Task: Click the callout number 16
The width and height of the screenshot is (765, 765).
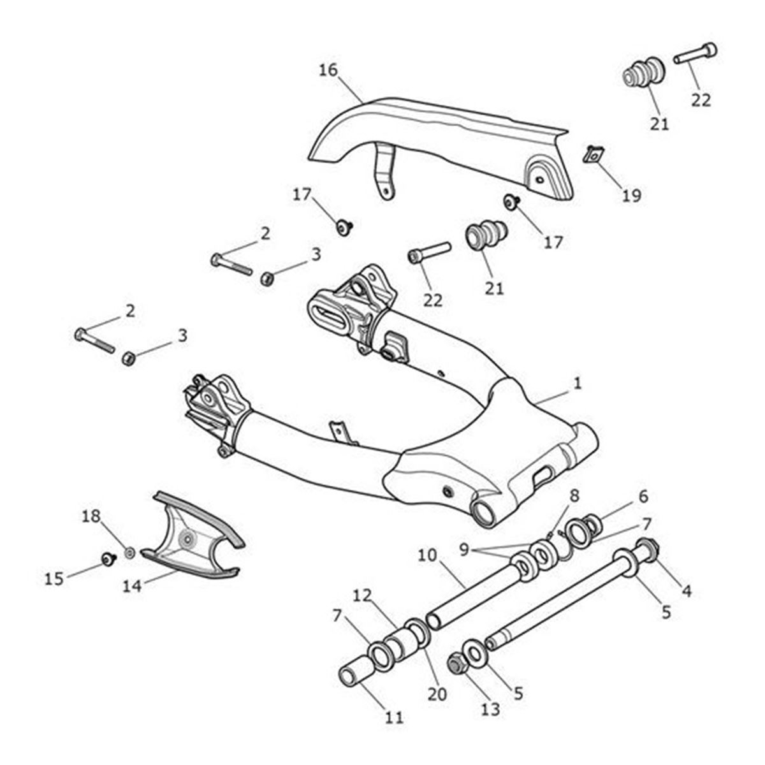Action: [328, 70]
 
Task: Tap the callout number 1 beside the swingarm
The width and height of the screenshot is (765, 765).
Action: [577, 383]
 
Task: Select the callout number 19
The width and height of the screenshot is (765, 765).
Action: [632, 195]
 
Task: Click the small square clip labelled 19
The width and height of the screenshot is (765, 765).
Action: [594, 154]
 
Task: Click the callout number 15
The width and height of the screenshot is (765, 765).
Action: [54, 578]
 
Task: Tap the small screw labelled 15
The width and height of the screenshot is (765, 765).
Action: [107, 559]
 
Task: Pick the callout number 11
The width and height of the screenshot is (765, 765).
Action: [395, 717]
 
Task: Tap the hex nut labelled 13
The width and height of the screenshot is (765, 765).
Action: [456, 664]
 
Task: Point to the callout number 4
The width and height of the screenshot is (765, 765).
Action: [686, 591]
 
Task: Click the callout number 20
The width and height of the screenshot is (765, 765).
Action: [437, 694]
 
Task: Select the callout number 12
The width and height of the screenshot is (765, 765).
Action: [362, 595]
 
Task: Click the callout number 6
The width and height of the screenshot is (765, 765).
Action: [643, 495]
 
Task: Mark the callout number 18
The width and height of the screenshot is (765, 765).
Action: [92, 516]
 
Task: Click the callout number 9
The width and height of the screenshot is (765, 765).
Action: [463, 548]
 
